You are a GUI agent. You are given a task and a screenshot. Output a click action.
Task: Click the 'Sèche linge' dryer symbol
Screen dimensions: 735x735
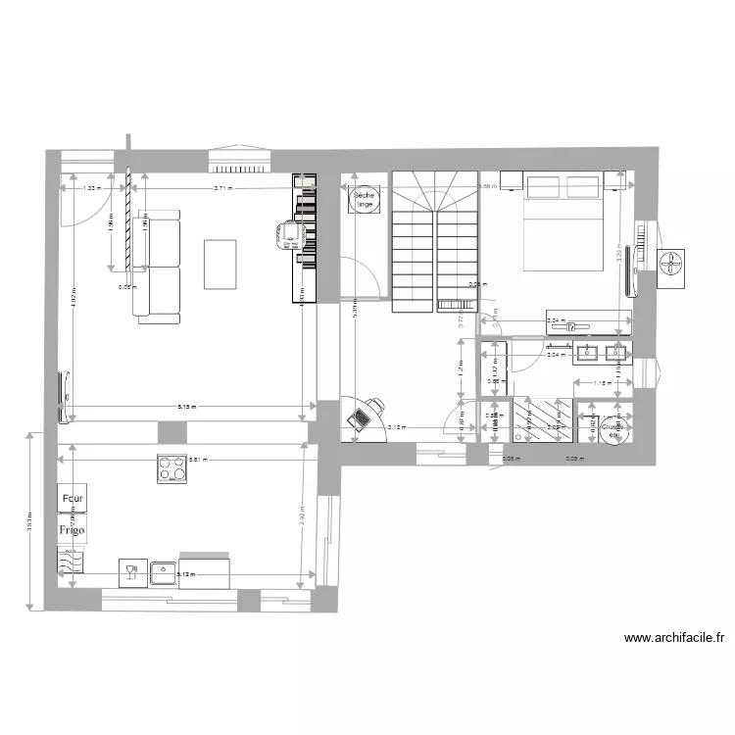[365, 200]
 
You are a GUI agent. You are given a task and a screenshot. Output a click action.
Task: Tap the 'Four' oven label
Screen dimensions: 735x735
[73, 499]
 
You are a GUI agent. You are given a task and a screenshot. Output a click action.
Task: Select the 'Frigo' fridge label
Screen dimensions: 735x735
[72, 530]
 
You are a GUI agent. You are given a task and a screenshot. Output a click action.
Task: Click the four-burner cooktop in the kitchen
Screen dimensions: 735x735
[172, 469]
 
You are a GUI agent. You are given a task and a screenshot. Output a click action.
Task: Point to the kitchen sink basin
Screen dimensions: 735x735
[163, 571]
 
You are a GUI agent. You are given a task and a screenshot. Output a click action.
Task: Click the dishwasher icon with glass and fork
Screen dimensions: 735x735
[129, 570]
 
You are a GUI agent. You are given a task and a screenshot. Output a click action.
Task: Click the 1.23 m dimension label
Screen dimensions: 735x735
[89, 188]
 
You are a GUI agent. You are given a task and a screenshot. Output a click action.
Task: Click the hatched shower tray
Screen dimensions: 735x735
[545, 422]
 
